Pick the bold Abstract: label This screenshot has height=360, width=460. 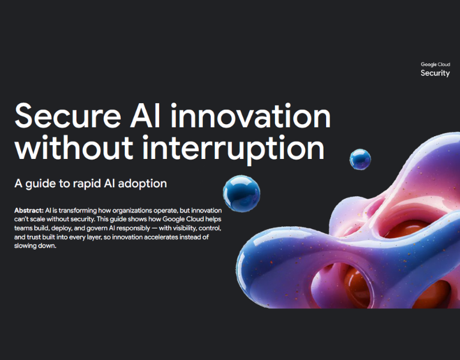tap(28, 212)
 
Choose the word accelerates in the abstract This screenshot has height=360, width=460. tap(166, 238)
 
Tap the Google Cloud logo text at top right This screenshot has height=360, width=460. tap(435, 64)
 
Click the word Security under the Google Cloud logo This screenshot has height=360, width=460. tap(435, 73)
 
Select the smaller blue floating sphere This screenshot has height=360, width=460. tap(360, 159)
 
